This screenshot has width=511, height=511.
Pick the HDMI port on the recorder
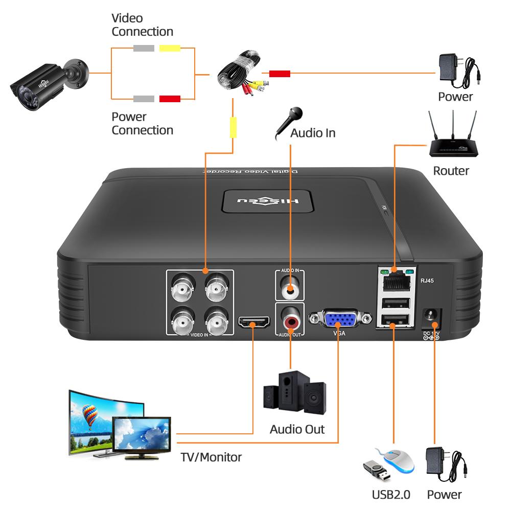[254, 323]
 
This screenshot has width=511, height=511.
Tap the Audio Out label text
[297, 429]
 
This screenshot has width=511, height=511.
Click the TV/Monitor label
[211, 457]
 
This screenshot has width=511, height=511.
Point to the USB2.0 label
[391, 495]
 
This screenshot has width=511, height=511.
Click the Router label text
[451, 171]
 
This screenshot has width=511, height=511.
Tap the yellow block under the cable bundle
[233, 127]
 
